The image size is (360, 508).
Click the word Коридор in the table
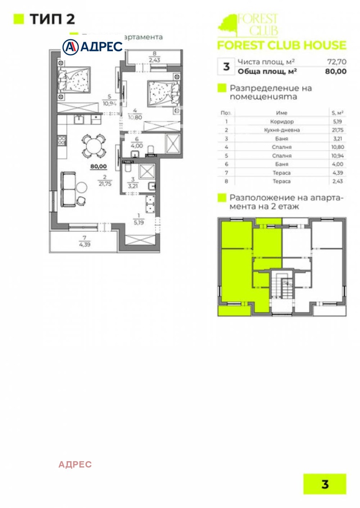point(282,121)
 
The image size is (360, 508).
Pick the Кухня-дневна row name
point(282,130)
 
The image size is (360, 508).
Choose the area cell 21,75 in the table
point(337,130)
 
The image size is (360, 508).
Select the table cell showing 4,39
point(337,173)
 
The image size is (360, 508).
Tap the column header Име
point(282,113)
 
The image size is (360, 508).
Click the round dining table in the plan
point(93,145)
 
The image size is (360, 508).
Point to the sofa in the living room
point(69,189)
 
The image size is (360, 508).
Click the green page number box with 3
point(325,484)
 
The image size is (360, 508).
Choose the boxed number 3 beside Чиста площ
point(226,67)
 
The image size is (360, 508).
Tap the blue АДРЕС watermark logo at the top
point(93,46)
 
